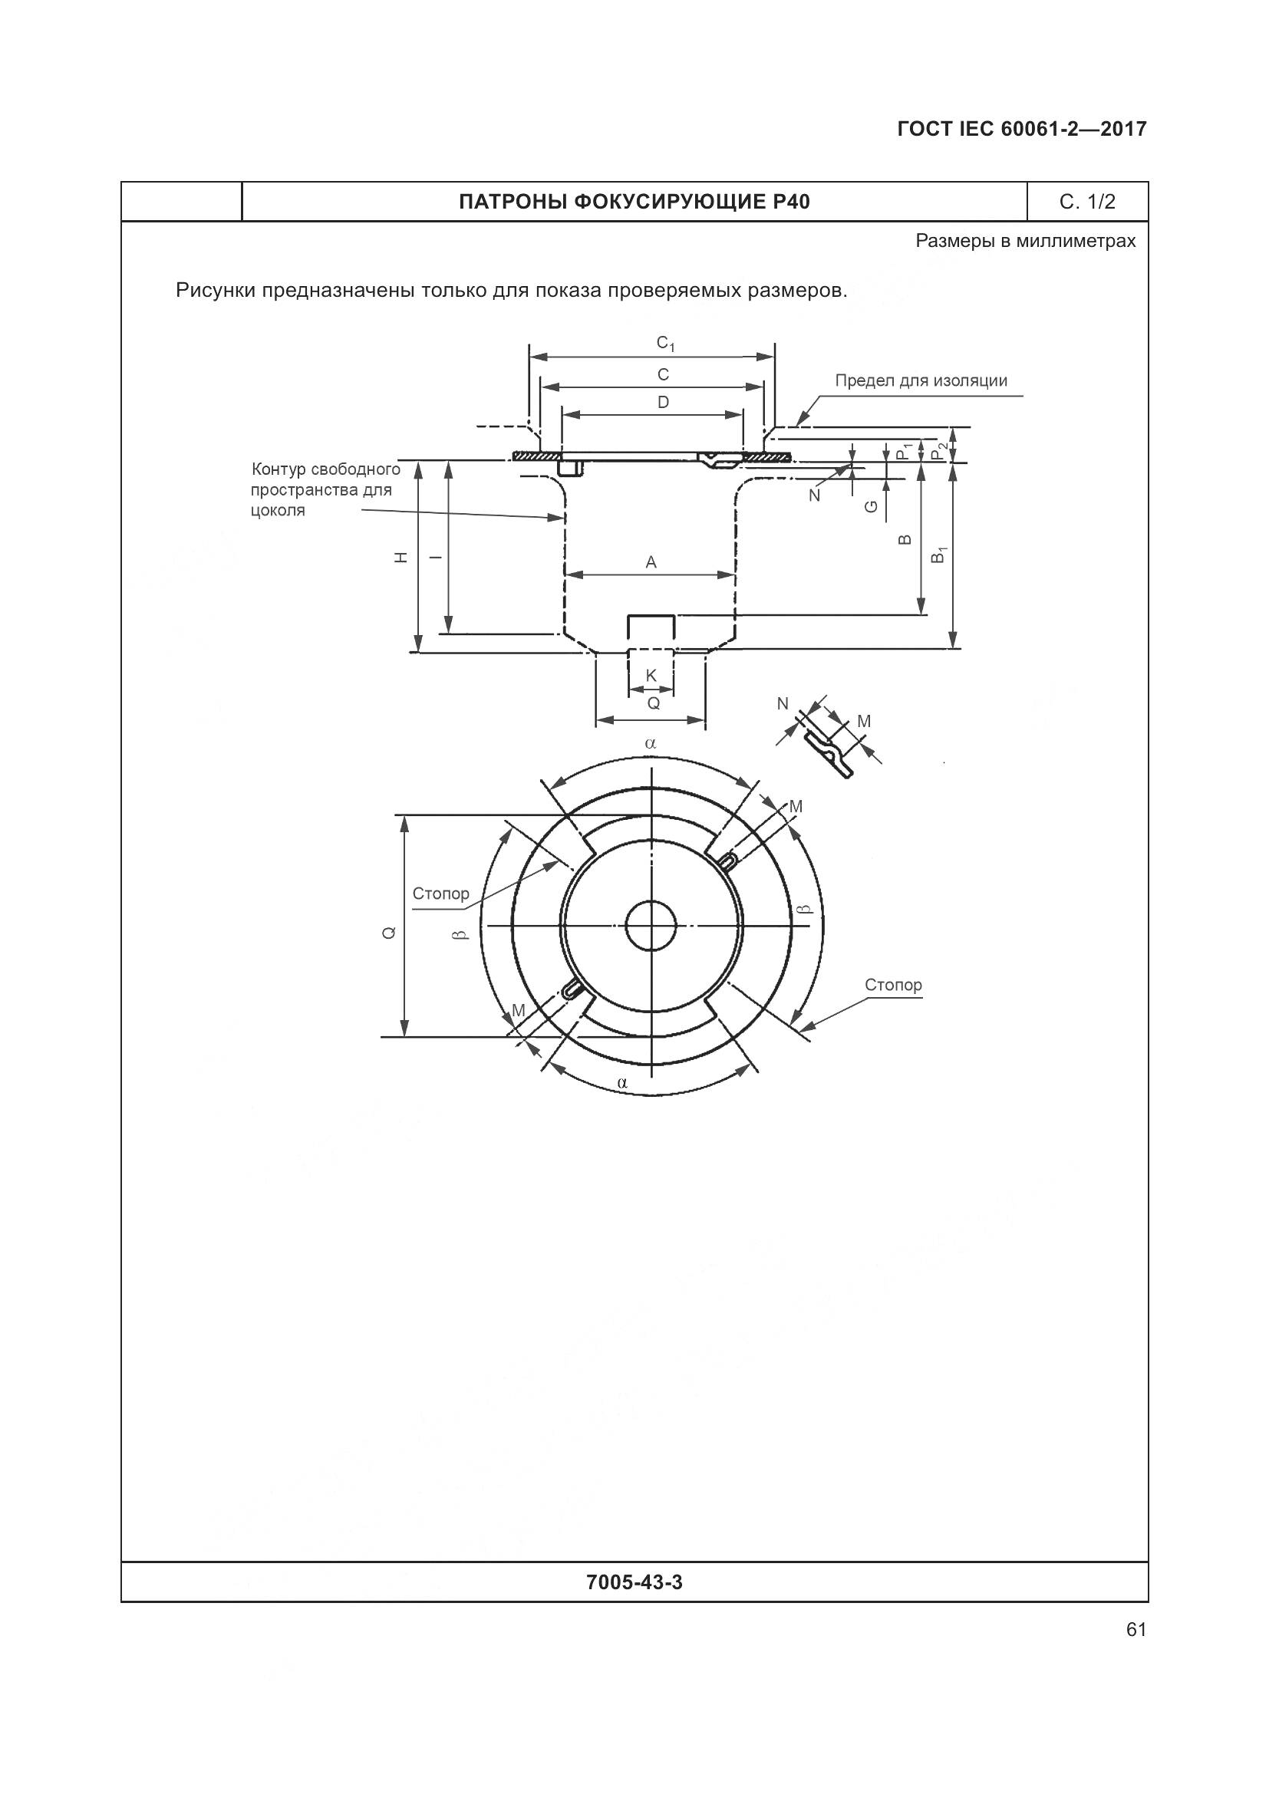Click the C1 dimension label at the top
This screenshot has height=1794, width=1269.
pos(665,343)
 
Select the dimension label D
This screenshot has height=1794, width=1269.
pos(664,403)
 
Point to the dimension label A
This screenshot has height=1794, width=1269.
pos(651,561)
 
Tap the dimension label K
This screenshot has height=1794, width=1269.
pos(651,676)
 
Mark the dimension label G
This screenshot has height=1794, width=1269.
pos(872,506)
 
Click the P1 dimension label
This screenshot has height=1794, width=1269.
pos(905,451)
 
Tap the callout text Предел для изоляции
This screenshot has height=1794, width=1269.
pos(921,380)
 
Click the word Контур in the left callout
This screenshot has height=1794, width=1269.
pos(279,469)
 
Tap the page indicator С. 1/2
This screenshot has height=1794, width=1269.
pos(1088,202)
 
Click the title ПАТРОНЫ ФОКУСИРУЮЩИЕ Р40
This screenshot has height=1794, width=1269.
pos(634,202)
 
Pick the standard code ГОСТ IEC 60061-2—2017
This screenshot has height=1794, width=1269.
pos(1022,129)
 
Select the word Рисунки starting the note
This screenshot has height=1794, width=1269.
pos(216,291)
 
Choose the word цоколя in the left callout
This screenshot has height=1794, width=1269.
pos(279,511)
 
